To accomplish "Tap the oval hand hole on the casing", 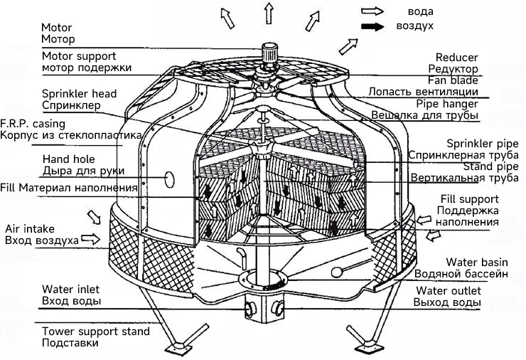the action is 169,179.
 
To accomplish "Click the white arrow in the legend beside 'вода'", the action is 372,11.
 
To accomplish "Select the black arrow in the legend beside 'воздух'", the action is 372,26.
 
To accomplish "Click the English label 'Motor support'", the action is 79,56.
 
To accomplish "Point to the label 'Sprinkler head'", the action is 79,93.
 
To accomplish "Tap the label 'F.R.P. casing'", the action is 33,124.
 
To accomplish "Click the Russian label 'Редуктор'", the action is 453,69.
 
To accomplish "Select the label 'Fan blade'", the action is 453,80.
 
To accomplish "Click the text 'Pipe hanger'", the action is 447,104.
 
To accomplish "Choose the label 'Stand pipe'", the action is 490,166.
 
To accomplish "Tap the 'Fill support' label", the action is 470,199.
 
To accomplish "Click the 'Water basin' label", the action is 477,262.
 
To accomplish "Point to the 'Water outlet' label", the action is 449,290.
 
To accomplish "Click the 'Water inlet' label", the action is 71,289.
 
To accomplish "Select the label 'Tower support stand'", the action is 96,332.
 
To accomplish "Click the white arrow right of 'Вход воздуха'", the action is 90,239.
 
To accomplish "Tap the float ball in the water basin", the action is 336,272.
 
